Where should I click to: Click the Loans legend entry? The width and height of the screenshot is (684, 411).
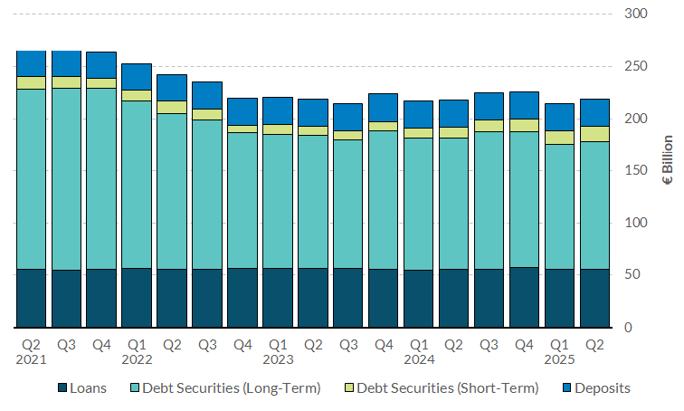tap(88, 388)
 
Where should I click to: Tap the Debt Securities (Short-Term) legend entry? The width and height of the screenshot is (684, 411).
tap(448, 388)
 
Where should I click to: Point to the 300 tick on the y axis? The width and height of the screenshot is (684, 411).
tap(636, 14)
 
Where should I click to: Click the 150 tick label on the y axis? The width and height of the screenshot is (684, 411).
tap(636, 171)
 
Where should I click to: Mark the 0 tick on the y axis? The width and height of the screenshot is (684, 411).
tap(643, 327)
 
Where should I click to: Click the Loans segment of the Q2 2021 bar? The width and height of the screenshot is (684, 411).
tap(32, 298)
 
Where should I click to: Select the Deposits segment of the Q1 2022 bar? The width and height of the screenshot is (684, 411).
tap(138, 77)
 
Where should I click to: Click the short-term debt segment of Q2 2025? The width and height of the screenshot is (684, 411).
tap(595, 134)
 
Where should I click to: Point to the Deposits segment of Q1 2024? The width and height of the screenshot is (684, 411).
tap(419, 114)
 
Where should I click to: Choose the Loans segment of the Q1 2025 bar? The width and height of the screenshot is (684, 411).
tap(560, 298)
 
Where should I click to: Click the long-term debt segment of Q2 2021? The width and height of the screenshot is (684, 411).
tap(32, 178)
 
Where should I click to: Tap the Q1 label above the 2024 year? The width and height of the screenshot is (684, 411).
tap(419, 344)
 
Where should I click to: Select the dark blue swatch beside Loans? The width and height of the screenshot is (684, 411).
tap(62, 388)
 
